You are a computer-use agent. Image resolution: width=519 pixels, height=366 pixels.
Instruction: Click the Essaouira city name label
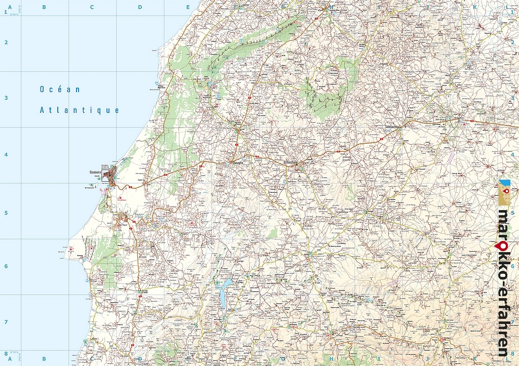pos(95,171)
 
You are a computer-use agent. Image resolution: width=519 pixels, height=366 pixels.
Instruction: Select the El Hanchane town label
pos(292,162)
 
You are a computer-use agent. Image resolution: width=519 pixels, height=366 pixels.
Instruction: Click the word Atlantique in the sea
pos(80,110)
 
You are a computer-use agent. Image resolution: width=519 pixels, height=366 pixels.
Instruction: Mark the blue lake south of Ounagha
pos(223,294)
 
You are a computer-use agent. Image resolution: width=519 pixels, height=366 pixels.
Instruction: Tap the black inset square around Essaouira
pos(105,175)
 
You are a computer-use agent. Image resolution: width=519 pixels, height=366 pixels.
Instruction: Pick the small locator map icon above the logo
pos(505,193)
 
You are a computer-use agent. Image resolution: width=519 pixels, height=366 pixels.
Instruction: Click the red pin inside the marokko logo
pos(503,246)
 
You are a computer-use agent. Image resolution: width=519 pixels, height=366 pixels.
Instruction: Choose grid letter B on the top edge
pos(44,7)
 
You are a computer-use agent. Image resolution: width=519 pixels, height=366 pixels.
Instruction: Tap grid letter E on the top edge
pos(188,7)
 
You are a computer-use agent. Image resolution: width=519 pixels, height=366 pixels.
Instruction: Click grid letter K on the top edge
pos(475,7)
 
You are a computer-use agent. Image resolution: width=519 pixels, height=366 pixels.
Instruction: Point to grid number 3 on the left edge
pos(6,98)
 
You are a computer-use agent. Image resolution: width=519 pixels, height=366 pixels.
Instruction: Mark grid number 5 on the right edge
pos(512,213)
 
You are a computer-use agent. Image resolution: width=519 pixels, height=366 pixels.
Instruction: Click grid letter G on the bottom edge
pos(283,359)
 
